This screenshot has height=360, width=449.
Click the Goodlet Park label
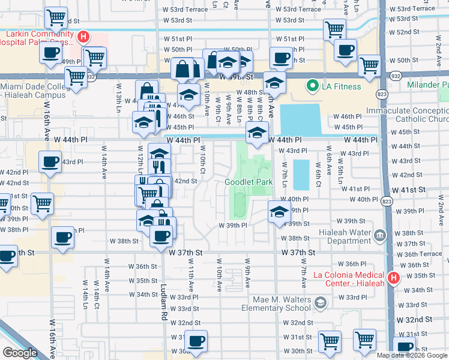pos(249,182)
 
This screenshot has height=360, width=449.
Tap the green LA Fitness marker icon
pos(312,86)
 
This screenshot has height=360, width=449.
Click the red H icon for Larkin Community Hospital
pos(83,37)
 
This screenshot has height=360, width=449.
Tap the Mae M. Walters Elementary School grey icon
pos(321,301)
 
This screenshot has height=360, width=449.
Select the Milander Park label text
pos(427,86)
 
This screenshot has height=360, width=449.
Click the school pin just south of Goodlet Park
pos(279,213)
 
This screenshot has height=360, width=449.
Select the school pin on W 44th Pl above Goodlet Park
pos(258,133)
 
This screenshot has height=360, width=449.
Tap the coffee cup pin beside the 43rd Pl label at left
pos(50,161)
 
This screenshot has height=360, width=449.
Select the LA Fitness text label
pos(342,86)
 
